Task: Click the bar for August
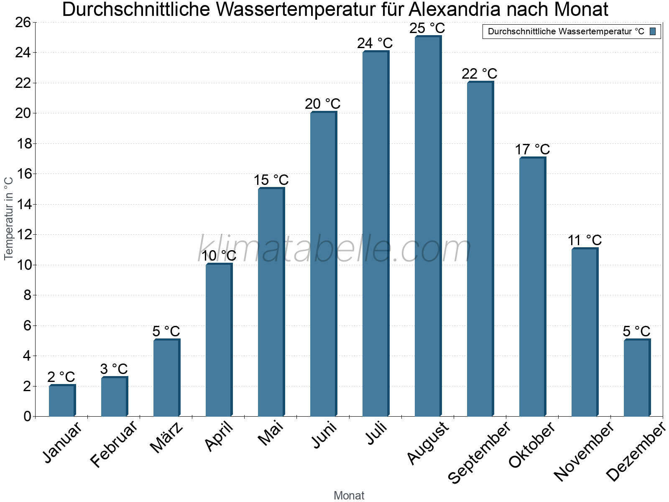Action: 428,226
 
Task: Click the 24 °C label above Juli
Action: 375,43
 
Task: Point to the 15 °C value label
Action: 271,180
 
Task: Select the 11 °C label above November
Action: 585,241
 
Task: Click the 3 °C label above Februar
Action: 114,369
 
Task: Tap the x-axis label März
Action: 166,438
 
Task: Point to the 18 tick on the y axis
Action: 24,144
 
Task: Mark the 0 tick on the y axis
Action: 28,416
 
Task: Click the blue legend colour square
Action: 653,31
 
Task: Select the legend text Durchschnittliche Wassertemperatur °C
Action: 566,31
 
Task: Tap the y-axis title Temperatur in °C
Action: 8,218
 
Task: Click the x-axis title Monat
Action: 349,495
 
